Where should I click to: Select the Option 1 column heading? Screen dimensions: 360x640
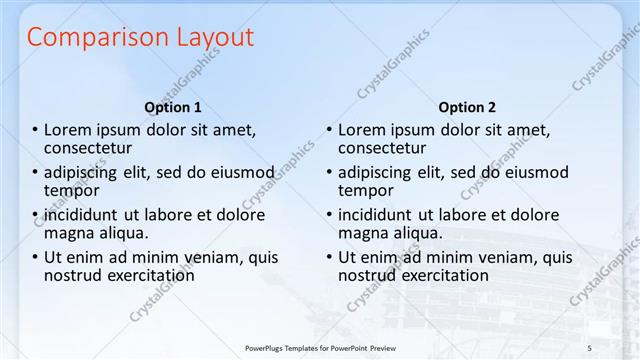(173, 107)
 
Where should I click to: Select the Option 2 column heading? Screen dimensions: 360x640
(466, 107)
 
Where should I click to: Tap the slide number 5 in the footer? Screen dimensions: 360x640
(590, 346)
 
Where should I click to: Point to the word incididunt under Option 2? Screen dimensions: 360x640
(376, 215)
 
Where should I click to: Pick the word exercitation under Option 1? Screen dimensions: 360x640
(151, 275)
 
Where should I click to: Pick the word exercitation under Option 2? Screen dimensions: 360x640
(445, 275)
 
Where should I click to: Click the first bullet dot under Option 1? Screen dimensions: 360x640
(35, 130)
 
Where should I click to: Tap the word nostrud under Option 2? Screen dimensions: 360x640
(367, 275)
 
